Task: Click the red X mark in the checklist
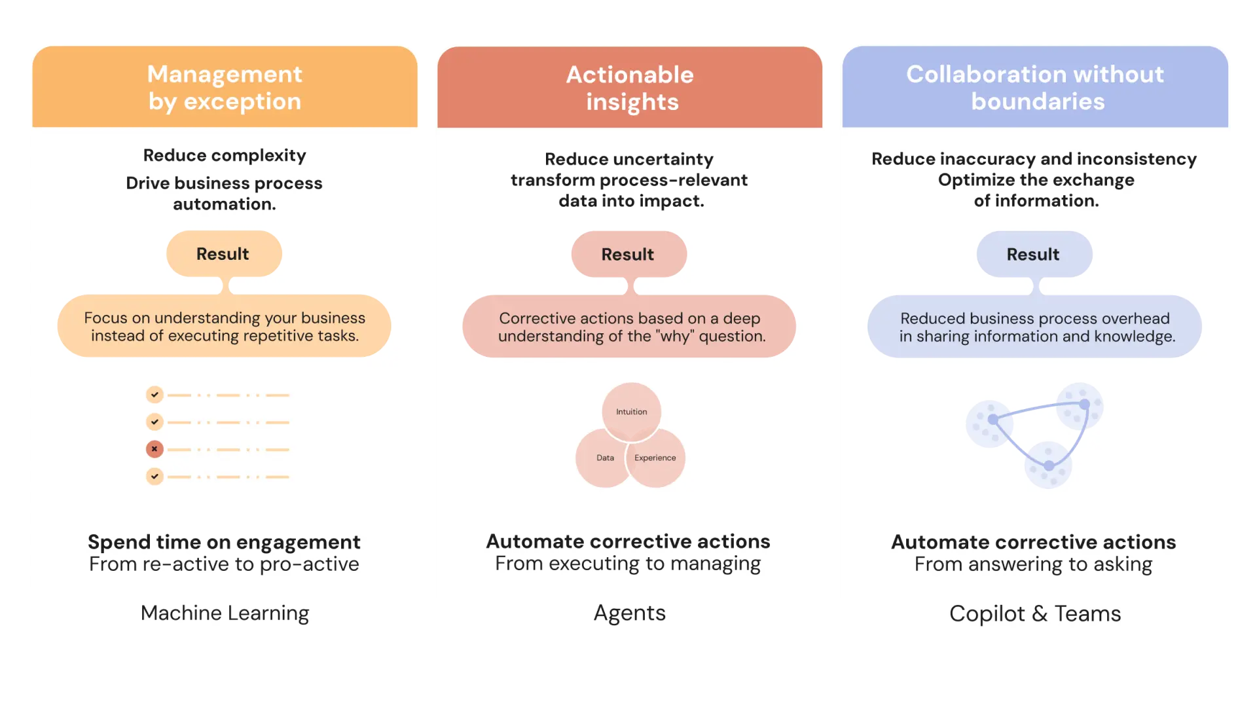tap(155, 449)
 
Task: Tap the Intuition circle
tap(631, 412)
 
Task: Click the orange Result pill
tap(223, 254)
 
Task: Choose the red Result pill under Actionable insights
tap(628, 255)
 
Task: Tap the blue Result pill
tap(1034, 255)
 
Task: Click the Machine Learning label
tap(225, 613)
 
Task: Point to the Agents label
tap(629, 613)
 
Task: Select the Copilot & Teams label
tap(1035, 614)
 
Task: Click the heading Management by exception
tap(225, 88)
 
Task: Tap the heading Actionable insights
tap(630, 88)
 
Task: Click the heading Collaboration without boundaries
tap(1035, 88)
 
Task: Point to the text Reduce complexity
tap(225, 156)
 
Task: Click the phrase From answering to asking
tap(1033, 564)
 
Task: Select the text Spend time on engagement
tap(224, 542)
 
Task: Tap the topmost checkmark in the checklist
tap(155, 395)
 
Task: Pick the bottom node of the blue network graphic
tap(1049, 466)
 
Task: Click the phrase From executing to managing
tap(628, 564)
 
